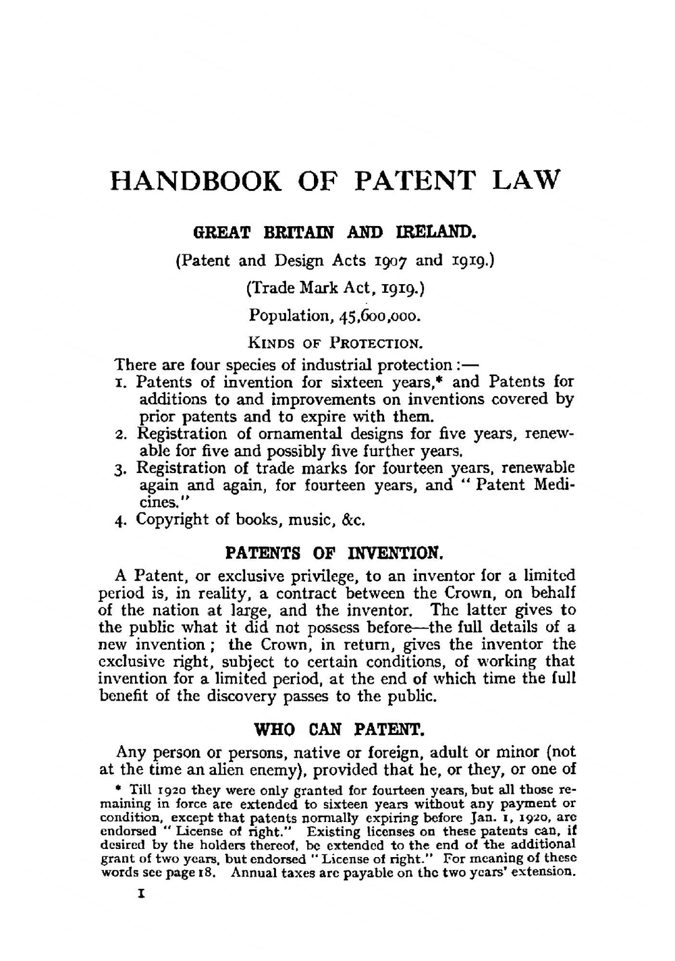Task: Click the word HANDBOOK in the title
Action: [x=196, y=182]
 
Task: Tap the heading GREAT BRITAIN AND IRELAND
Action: [x=336, y=234]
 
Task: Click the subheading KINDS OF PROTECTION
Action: [x=335, y=342]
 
